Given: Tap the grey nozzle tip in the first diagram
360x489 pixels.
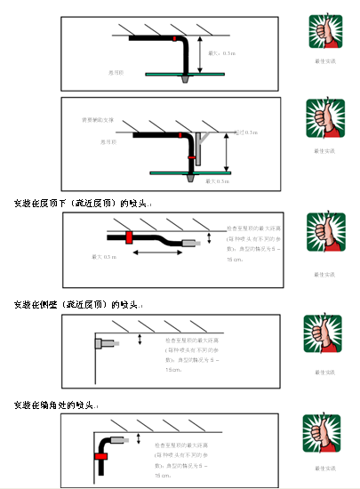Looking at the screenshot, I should pos(183,80).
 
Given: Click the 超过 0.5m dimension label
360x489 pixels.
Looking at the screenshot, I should pos(245,132).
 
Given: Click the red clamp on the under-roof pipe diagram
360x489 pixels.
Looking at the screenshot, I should pos(128,237).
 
